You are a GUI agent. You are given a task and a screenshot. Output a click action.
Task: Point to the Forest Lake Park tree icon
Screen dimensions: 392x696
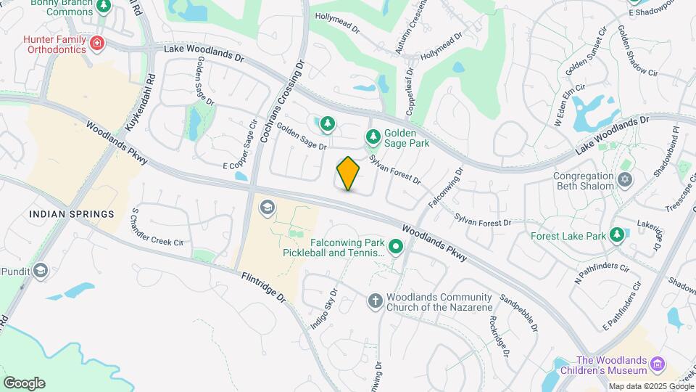point(616,234)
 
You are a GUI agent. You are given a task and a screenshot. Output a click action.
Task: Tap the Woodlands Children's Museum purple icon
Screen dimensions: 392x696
point(658,363)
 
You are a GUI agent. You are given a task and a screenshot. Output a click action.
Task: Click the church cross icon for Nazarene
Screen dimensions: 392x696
point(375,301)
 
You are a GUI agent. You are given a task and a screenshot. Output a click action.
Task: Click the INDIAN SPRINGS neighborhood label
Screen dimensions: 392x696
point(72,214)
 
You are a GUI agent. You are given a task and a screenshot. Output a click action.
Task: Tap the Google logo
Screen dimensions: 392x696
point(24,383)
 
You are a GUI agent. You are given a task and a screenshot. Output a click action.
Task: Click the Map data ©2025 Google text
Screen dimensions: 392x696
point(650,386)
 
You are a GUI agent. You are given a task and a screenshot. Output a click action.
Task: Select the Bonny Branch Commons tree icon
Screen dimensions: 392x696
point(103,7)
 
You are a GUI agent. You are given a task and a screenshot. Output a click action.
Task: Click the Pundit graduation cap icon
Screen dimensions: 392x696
point(41,271)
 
